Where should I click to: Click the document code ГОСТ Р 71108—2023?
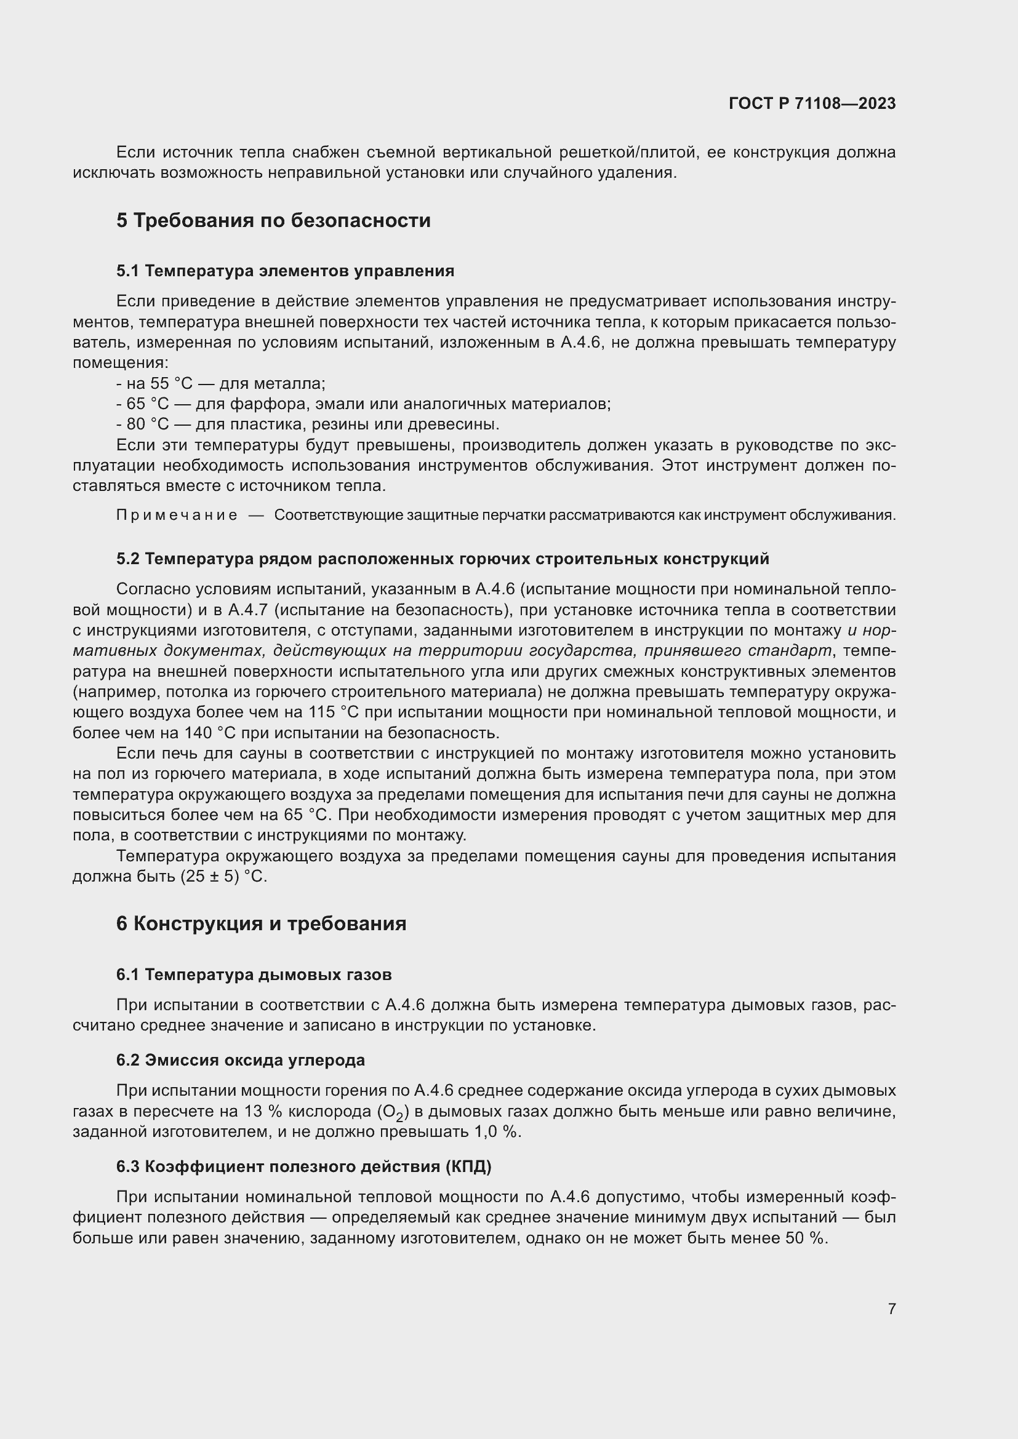(x=812, y=104)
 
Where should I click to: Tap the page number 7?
(x=891, y=1309)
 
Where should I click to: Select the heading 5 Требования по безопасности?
(x=273, y=221)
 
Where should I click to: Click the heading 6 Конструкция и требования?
(x=262, y=924)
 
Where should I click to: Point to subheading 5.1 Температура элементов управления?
(x=285, y=271)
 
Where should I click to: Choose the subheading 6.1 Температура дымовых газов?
(x=254, y=975)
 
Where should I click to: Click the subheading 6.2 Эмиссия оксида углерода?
(x=240, y=1060)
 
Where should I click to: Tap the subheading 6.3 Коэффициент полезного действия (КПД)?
(x=304, y=1166)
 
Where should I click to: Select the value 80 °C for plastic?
(x=148, y=425)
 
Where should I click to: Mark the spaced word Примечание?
(x=177, y=515)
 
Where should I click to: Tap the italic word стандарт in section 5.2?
(x=801, y=650)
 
